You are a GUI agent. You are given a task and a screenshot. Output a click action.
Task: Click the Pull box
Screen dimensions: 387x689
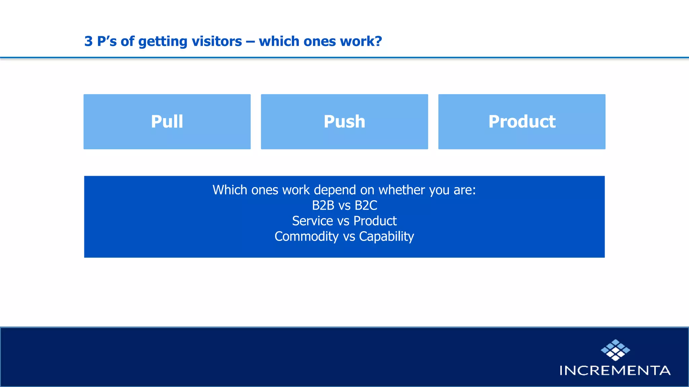167,122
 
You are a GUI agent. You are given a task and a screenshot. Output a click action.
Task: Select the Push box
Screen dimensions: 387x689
344,122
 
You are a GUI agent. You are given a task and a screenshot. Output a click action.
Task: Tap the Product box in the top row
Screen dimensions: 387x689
521,122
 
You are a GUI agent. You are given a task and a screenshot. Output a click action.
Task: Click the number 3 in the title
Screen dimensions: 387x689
88,41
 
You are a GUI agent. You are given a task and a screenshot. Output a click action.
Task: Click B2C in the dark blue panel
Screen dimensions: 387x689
366,205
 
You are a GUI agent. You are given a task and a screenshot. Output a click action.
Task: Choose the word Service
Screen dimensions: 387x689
312,221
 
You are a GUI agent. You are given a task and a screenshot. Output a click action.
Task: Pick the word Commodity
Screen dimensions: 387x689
306,236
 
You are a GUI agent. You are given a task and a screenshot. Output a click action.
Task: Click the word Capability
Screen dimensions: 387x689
387,236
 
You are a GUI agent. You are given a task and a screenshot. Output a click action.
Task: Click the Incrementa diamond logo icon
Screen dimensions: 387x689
615,350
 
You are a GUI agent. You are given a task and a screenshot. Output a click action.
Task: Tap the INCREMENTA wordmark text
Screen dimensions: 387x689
615,371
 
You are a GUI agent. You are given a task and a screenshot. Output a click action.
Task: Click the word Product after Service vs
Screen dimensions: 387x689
375,221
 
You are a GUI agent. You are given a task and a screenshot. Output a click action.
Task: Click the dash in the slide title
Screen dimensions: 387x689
250,42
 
